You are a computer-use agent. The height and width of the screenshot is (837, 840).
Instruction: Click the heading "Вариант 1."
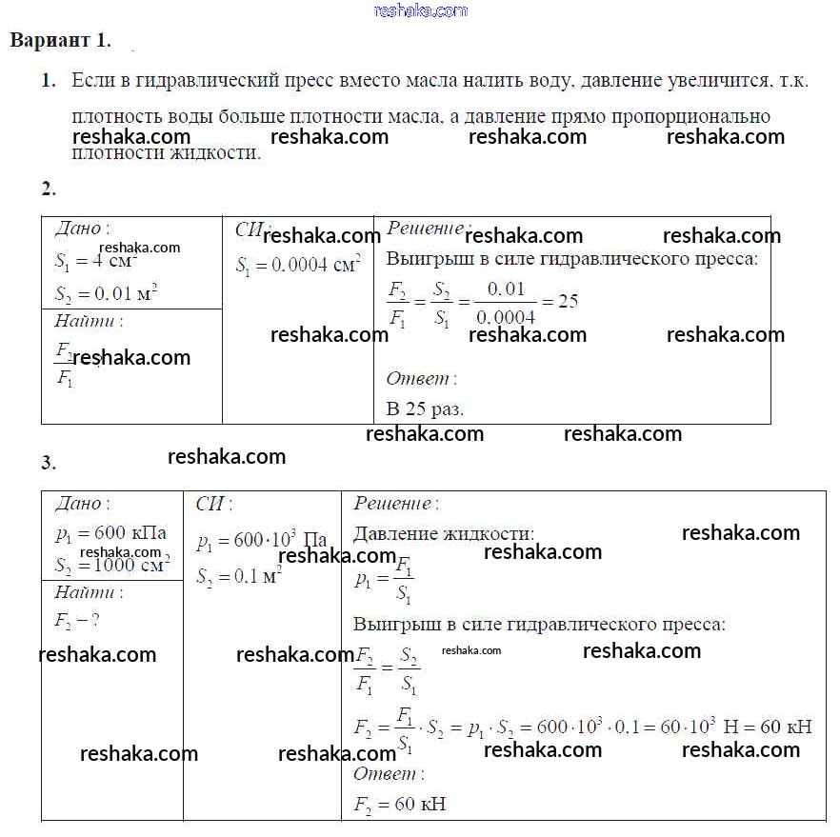[60, 41]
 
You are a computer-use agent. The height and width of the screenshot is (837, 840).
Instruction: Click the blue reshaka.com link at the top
[421, 10]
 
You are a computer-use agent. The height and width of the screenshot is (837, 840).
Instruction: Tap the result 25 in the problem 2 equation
[568, 302]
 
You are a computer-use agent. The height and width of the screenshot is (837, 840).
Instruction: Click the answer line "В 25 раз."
[425, 409]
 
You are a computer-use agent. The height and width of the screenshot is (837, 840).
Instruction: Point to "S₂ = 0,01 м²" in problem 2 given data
[106, 293]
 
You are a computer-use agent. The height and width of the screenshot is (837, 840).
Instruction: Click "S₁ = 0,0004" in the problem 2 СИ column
[297, 265]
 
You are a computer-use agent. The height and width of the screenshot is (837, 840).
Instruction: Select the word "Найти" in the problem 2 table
[87, 321]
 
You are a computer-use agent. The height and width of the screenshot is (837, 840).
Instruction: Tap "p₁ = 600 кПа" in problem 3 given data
[110, 532]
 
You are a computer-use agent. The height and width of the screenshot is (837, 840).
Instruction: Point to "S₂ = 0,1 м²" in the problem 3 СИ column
[239, 576]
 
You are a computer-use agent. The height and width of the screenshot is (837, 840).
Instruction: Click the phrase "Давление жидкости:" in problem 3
[443, 534]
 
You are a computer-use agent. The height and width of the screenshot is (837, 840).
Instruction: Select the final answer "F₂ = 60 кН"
[399, 805]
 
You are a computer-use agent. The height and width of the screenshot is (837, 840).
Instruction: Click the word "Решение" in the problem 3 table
[392, 504]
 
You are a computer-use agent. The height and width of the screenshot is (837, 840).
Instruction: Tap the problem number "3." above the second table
[49, 464]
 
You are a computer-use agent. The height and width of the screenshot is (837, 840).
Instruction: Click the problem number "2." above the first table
[49, 188]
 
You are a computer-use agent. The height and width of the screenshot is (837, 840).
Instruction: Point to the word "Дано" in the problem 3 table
[80, 504]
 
